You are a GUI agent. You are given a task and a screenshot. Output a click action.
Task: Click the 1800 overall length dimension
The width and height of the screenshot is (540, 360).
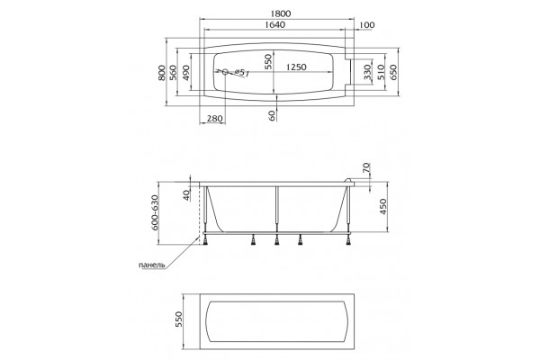tap(281, 13)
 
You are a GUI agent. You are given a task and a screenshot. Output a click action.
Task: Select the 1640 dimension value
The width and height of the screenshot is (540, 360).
tap(275, 25)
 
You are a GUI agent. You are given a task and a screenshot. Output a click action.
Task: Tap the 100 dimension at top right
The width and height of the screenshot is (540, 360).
tap(367, 25)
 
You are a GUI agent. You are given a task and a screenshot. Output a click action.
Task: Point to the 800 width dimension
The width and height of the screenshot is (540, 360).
tap(161, 72)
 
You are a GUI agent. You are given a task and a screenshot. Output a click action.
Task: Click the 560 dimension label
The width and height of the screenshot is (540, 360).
tap(173, 72)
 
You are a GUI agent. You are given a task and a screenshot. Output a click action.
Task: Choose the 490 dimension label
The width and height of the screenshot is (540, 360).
tap(185, 72)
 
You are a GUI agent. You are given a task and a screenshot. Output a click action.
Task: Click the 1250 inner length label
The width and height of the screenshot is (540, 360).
tap(296, 67)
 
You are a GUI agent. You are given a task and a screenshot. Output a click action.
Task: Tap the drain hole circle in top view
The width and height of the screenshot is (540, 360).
tap(225, 72)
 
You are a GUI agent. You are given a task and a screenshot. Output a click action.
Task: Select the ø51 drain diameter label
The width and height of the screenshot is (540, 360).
tap(242, 73)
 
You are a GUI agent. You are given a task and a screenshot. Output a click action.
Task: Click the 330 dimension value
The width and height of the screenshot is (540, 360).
tap(367, 72)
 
